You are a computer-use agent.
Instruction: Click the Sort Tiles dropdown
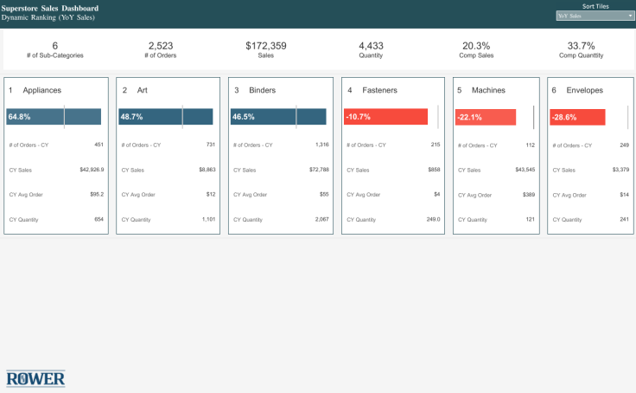click(595, 16)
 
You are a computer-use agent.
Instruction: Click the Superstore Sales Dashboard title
click(50, 8)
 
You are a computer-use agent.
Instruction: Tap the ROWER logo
click(35, 378)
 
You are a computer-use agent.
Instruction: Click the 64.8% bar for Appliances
click(54, 117)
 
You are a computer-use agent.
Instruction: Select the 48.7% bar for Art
click(166, 117)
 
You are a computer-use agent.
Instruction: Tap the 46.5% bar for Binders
click(277, 117)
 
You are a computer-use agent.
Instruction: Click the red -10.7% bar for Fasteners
click(385, 117)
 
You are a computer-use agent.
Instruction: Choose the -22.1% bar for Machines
click(486, 117)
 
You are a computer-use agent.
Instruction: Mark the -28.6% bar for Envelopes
click(577, 117)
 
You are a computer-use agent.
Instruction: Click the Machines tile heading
click(488, 90)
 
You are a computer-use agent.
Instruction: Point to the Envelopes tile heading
click(584, 90)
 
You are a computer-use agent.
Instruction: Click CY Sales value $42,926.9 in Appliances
click(92, 170)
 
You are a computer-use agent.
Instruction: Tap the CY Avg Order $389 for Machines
click(528, 195)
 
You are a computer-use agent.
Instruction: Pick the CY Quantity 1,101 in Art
click(207, 220)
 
